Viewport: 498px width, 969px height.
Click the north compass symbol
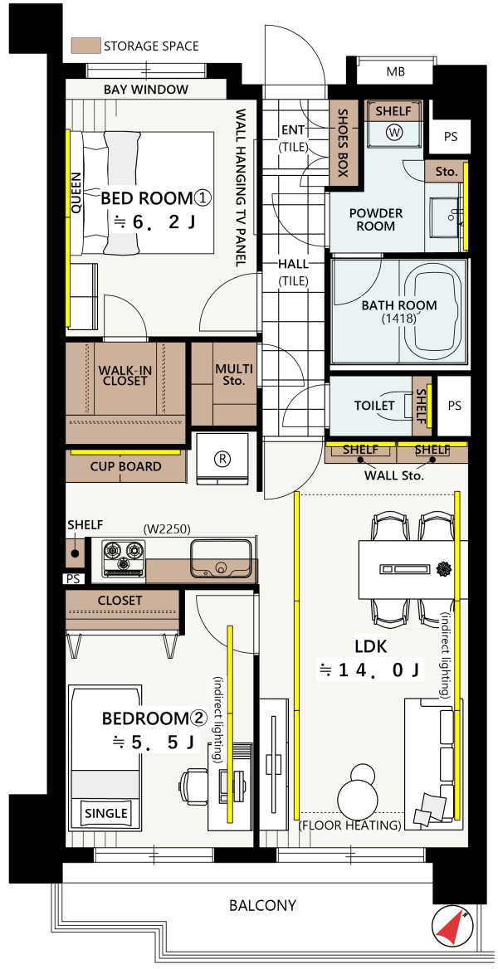click(452, 927)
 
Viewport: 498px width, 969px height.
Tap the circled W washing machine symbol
click(394, 132)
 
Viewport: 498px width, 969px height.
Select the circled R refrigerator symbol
click(222, 459)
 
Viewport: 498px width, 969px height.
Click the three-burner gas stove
click(124, 558)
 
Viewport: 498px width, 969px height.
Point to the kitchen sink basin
click(221, 558)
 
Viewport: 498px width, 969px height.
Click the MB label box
click(395, 71)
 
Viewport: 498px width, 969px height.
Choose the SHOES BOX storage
click(342, 144)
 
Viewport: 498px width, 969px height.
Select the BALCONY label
click(262, 905)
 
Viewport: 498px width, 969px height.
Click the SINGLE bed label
click(106, 813)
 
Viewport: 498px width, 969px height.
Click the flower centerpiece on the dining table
click(443, 567)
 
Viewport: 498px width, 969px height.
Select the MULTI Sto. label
click(233, 374)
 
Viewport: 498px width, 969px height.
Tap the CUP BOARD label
click(125, 466)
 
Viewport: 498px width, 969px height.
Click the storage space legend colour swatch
click(86, 46)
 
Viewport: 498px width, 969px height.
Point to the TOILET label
click(374, 406)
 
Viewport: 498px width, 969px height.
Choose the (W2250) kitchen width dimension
click(166, 529)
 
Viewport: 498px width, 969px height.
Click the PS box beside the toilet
click(454, 406)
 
